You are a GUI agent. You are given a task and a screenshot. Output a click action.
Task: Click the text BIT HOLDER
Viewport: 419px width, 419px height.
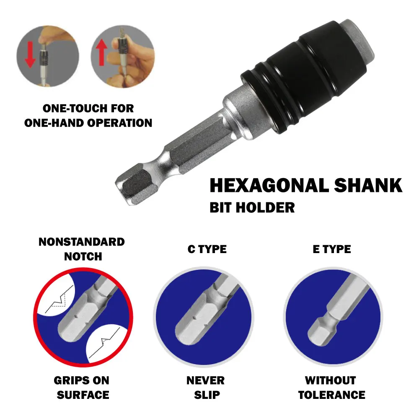pyautogui.click(x=252, y=207)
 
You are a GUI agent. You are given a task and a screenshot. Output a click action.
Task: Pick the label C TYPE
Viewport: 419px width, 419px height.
pyautogui.click(x=207, y=249)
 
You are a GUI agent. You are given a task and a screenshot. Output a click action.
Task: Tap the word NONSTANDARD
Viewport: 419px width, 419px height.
pyautogui.click(x=81, y=242)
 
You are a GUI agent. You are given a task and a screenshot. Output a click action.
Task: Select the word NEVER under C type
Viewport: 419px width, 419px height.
pyautogui.click(x=205, y=380)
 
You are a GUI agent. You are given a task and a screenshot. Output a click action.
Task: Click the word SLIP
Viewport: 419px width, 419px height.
pyautogui.click(x=205, y=395)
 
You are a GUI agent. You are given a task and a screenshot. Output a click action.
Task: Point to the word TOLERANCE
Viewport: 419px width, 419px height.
pyautogui.click(x=331, y=395)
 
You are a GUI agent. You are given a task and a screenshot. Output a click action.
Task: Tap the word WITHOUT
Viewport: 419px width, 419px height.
pyautogui.click(x=331, y=380)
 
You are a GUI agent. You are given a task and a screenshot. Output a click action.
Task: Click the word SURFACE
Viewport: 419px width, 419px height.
pyautogui.click(x=83, y=395)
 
